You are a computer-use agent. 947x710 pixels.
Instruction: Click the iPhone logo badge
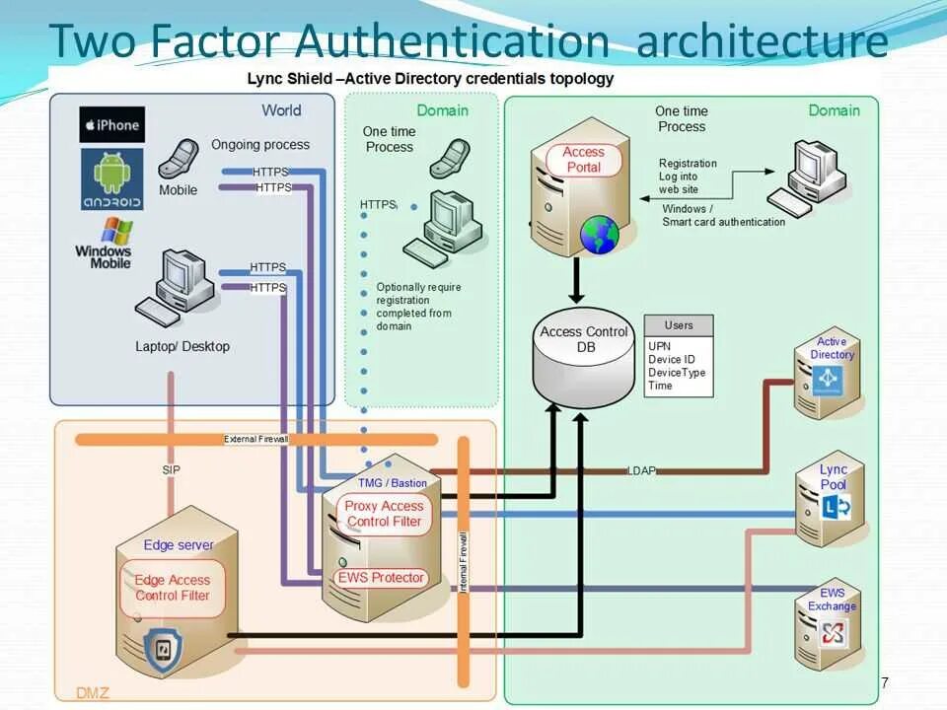(111, 125)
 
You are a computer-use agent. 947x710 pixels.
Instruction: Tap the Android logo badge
(111, 178)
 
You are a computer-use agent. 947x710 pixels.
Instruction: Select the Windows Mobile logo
(105, 245)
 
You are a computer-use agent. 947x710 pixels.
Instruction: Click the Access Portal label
(583, 160)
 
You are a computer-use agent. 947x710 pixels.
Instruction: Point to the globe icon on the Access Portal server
(599, 236)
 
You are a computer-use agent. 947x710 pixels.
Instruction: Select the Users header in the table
(679, 325)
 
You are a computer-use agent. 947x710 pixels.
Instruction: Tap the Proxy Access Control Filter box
(384, 514)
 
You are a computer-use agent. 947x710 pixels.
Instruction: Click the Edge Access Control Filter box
(173, 588)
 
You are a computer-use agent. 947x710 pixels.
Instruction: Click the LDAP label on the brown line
(641, 470)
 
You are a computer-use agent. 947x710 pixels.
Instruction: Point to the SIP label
(171, 470)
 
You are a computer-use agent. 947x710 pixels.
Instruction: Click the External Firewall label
(254, 440)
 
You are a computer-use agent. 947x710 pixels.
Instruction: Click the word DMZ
(93, 693)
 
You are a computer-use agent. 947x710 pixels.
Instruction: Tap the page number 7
(885, 682)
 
